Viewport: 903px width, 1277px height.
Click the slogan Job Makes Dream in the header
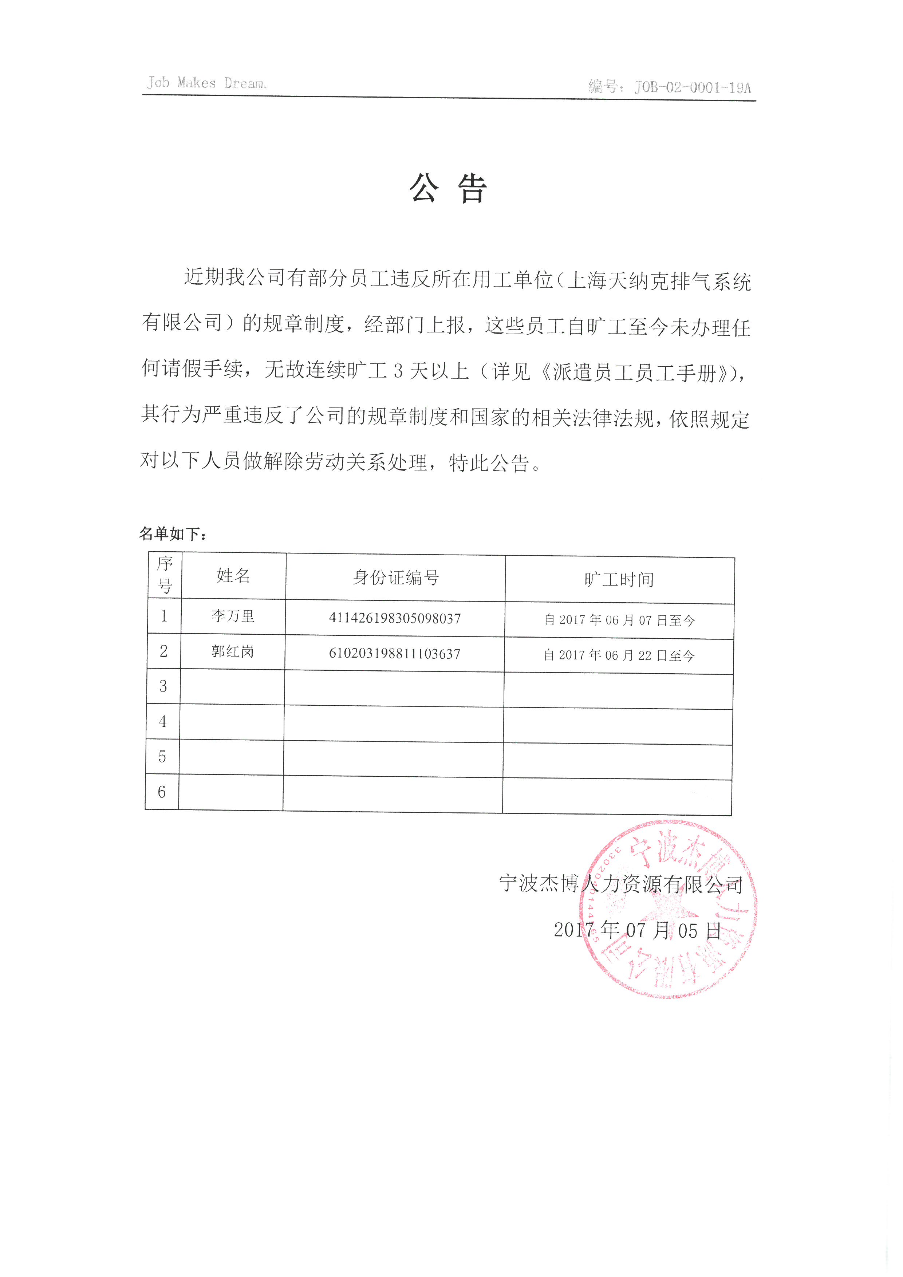[x=206, y=83]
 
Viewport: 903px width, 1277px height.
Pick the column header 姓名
[x=233, y=576]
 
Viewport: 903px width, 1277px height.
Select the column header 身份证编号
[x=395, y=578]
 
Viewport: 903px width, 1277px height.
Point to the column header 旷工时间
[x=619, y=580]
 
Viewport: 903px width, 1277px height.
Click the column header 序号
[x=165, y=575]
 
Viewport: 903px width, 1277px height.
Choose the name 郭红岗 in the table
[x=232, y=651]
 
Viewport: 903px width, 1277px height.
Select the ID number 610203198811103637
[x=394, y=654]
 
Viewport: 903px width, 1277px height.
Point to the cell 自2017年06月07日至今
[x=619, y=620]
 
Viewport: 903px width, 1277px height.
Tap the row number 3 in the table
[x=163, y=686]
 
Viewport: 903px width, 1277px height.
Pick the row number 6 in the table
[x=162, y=792]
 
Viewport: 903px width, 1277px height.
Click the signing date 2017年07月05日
[x=637, y=930]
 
